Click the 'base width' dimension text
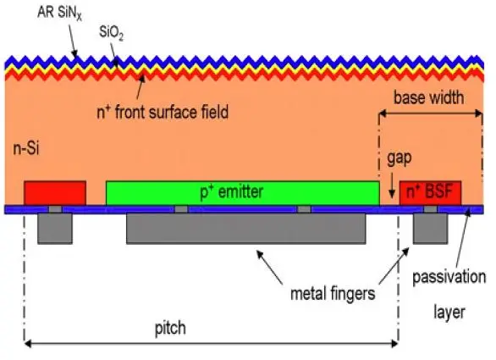coord(429,98)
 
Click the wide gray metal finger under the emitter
coord(246,228)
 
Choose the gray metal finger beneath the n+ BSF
coord(430,228)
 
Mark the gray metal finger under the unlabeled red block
coord(55,227)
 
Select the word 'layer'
coord(450,312)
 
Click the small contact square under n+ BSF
coord(430,209)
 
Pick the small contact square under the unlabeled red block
coord(55,209)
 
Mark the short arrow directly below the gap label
coord(392,185)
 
